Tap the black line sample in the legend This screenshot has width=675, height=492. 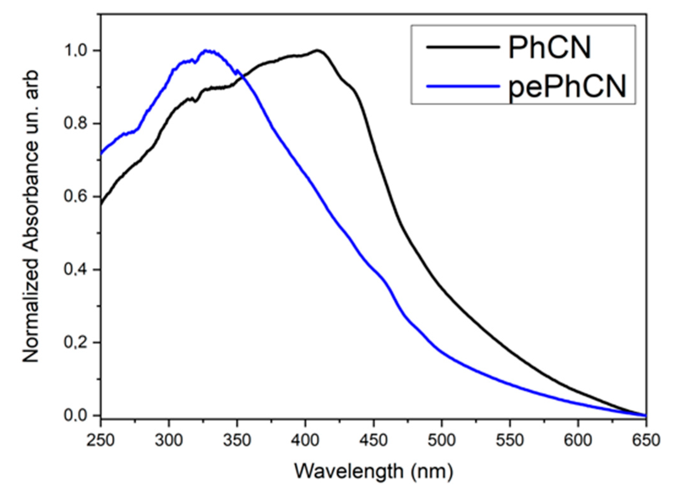[463, 47]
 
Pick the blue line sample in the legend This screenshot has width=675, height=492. [463, 86]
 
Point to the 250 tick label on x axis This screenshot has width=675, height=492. [100, 440]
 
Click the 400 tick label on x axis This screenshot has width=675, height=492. [305, 440]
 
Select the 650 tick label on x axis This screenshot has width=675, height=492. [646, 440]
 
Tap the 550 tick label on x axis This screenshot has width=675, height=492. [510, 440]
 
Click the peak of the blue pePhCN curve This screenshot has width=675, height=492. [206, 50]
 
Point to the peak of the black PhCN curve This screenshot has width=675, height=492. [317, 50]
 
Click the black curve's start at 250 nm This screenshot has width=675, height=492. [101, 205]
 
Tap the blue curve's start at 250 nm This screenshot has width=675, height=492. [101, 154]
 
